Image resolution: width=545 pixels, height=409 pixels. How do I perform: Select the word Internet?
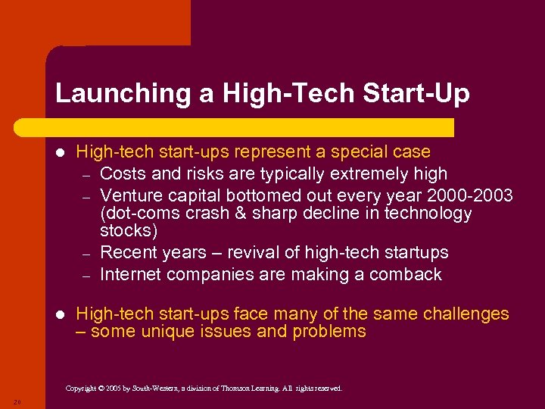[x=131, y=274]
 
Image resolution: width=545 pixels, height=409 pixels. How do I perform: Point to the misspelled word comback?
[x=406, y=274]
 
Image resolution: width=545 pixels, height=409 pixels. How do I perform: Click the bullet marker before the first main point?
[x=61, y=152]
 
